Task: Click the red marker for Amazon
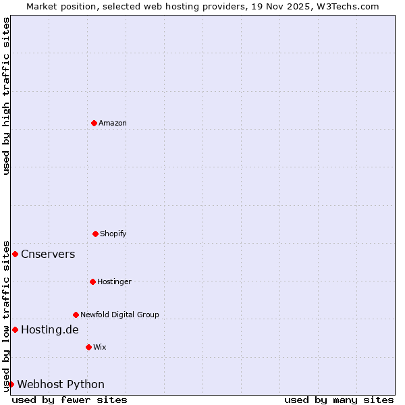point(94,123)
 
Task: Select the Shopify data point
point(95,234)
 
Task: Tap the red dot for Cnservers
point(15,254)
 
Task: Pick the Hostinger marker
point(92,281)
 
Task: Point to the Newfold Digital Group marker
point(76,315)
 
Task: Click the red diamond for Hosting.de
point(15,329)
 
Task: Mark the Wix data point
point(88,347)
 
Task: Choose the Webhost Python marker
point(11,384)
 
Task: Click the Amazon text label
point(113,123)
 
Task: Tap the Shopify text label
point(113,234)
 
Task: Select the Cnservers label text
point(48,254)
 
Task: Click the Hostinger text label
point(114,281)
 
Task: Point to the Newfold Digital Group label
point(119,315)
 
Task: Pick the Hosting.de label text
point(50,329)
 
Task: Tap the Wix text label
point(100,347)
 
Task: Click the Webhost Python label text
point(61,384)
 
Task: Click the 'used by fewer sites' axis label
point(70,400)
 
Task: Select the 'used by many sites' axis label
point(339,400)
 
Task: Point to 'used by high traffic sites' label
point(6,96)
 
